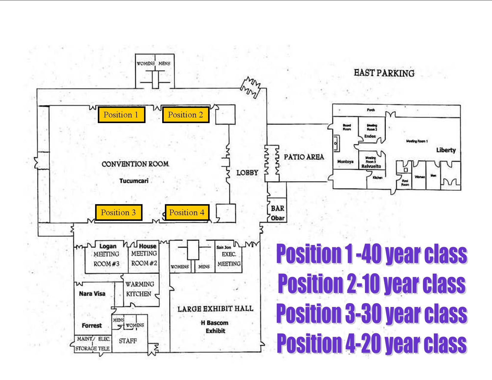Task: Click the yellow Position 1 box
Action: [121, 115]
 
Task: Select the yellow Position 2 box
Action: [185, 115]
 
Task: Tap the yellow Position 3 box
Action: [118, 213]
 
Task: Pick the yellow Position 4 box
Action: [187, 213]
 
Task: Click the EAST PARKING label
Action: [384, 73]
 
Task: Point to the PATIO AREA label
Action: [304, 157]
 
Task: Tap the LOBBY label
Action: [247, 173]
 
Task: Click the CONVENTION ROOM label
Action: [135, 164]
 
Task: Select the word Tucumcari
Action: [134, 181]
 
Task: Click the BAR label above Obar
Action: [277, 208]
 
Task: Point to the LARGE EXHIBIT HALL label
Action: [215, 309]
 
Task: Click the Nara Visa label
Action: [92, 294]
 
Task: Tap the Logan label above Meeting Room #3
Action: [108, 246]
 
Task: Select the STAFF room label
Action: [128, 341]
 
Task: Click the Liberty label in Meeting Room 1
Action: [446, 150]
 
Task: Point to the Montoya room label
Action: [345, 162]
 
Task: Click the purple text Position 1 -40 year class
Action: [372, 254]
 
